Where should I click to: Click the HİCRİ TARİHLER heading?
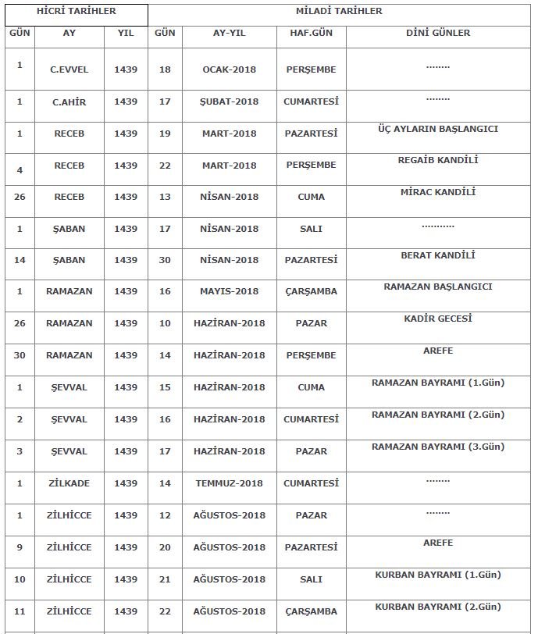[x=77, y=12]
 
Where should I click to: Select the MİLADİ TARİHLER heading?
[x=339, y=12]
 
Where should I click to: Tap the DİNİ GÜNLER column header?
[x=438, y=34]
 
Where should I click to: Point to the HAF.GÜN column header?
[x=311, y=34]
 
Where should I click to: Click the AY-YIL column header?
[x=229, y=34]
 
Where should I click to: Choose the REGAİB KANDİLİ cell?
[x=438, y=160]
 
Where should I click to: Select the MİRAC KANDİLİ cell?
[x=438, y=192]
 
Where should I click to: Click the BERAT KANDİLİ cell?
[x=438, y=255]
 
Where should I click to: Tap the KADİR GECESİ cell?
[x=438, y=319]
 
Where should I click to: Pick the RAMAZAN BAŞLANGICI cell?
[x=438, y=287]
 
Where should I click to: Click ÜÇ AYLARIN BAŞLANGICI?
[x=438, y=129]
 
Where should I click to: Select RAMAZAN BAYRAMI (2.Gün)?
[x=438, y=415]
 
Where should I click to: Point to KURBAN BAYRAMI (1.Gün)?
[x=438, y=575]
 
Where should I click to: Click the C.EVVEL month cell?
[x=69, y=69]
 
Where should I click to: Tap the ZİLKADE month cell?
[x=69, y=483]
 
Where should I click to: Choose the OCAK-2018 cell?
[x=229, y=69]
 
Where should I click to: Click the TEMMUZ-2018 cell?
[x=229, y=483]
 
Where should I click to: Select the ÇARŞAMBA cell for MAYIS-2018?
[x=311, y=291]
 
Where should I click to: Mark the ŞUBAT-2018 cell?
[x=229, y=102]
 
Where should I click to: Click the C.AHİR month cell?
[x=69, y=102]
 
